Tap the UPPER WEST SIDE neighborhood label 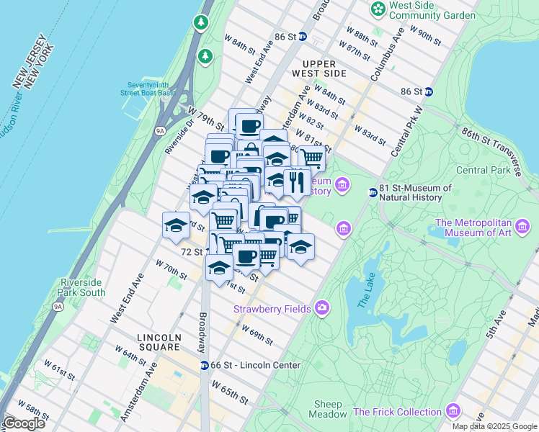coord(319,68)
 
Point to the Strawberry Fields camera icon coord(321,308)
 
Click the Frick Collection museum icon coord(453,412)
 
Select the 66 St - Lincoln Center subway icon coord(205,365)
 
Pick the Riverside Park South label coord(83,287)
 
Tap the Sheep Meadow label coord(329,409)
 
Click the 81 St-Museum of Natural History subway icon coord(373,192)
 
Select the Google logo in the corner coord(24,423)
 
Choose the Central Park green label coord(483,171)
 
